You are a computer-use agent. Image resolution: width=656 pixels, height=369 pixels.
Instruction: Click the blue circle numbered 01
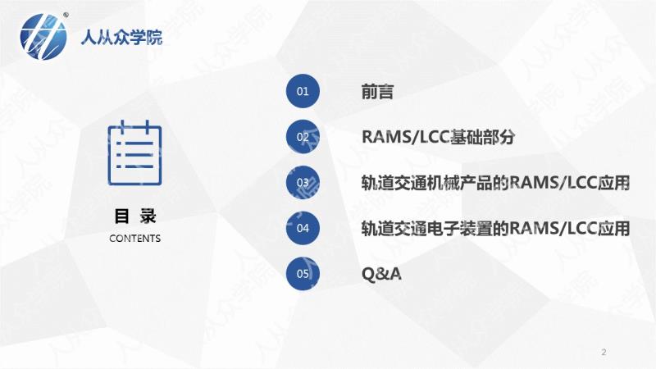pyautogui.click(x=303, y=91)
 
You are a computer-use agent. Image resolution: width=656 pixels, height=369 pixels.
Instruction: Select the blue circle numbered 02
pyautogui.click(x=303, y=137)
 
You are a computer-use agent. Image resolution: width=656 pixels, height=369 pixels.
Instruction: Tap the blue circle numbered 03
pyautogui.click(x=303, y=182)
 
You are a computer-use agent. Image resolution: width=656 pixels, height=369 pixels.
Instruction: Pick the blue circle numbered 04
pyautogui.click(x=303, y=228)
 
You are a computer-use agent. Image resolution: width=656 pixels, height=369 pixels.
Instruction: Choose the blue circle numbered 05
pyautogui.click(x=303, y=274)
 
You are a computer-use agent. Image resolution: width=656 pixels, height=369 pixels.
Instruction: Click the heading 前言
pyautogui.click(x=377, y=91)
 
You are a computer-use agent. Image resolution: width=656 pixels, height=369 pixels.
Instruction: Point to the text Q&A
pyautogui.click(x=381, y=274)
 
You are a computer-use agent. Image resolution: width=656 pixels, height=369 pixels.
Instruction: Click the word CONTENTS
pyautogui.click(x=134, y=239)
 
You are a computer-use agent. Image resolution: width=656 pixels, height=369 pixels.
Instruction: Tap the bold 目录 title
pyautogui.click(x=134, y=216)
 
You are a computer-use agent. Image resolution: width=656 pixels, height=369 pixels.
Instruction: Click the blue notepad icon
pyautogui.click(x=134, y=153)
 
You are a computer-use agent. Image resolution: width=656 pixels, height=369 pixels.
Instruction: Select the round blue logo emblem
pyautogui.click(x=43, y=36)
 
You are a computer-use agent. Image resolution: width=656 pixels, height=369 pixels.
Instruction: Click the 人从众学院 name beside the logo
pyautogui.click(x=121, y=37)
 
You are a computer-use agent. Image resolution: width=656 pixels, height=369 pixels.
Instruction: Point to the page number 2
pyautogui.click(x=604, y=352)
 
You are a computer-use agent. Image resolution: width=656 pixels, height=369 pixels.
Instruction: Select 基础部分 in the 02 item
pyautogui.click(x=481, y=137)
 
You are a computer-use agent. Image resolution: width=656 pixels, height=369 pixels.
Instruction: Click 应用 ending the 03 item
pyautogui.click(x=613, y=182)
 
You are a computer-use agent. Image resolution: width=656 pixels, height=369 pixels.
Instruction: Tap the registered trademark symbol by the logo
pyautogui.click(x=66, y=15)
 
